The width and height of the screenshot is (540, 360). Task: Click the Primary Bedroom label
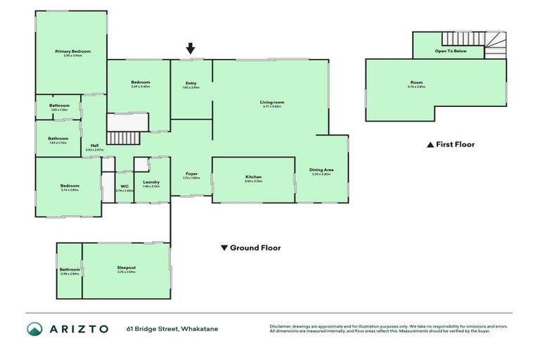click(72, 51)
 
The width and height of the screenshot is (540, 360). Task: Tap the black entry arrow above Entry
click(191, 49)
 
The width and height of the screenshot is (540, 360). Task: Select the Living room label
click(271, 102)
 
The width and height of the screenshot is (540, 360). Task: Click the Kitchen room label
click(253, 176)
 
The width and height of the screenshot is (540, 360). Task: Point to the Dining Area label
click(321, 169)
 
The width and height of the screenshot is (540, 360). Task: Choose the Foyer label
click(191, 173)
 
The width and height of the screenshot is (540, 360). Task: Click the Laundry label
click(151, 182)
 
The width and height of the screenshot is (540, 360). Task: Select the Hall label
click(94, 146)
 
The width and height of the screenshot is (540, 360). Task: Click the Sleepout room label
click(126, 267)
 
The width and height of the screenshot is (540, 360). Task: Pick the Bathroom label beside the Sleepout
click(70, 269)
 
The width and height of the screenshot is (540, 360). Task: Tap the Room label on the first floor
click(417, 82)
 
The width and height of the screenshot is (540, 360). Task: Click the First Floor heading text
click(455, 144)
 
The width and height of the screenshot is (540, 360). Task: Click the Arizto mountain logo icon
click(35, 328)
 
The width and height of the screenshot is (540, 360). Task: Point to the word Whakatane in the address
click(199, 328)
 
